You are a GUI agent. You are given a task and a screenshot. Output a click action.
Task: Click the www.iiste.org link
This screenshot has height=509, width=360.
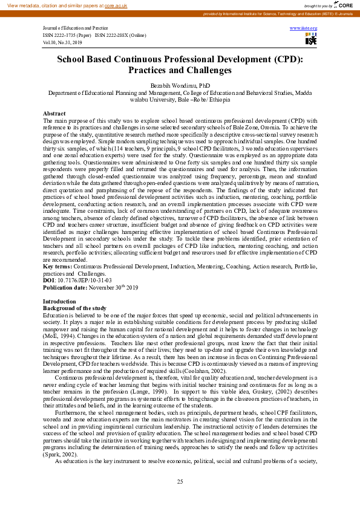click(x=303, y=28)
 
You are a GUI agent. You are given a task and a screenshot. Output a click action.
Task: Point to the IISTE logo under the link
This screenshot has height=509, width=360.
click(x=310, y=39)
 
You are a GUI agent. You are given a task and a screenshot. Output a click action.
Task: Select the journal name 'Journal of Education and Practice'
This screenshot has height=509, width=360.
click(x=67, y=28)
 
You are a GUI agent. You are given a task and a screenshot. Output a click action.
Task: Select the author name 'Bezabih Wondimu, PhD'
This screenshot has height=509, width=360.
click(x=180, y=87)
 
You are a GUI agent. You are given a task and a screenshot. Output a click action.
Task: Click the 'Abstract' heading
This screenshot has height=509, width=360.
click(x=54, y=114)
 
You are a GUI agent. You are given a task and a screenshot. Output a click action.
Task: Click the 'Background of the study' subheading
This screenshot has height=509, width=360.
click(x=74, y=308)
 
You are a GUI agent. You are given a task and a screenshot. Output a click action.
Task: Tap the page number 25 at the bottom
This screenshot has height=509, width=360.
click(x=180, y=481)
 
